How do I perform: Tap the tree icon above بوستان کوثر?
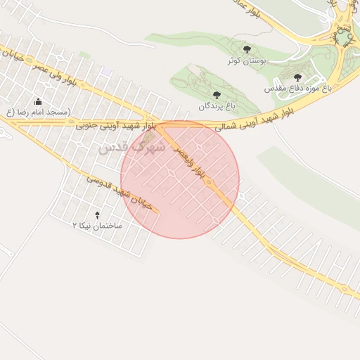[x=246, y=49]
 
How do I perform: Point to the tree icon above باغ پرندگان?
[x=216, y=94]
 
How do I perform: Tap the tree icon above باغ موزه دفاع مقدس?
[x=297, y=77]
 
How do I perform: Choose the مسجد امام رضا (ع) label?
[x=39, y=112]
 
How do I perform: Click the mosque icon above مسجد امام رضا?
[x=38, y=101]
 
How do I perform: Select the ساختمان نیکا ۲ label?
[x=97, y=226]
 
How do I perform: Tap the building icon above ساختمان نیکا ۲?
[x=97, y=214]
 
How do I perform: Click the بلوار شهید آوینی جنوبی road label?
[x=110, y=125]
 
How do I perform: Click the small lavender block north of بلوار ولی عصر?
[x=106, y=72]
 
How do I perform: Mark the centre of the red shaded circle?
[x=180, y=179]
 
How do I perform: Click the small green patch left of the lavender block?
[x=85, y=55]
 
